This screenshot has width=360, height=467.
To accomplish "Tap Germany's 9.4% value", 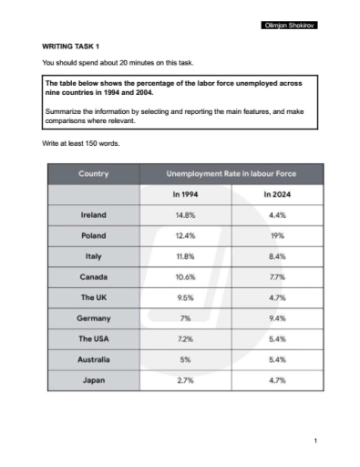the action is click(x=276, y=319).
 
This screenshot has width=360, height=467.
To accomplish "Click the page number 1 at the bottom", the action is click(x=314, y=441).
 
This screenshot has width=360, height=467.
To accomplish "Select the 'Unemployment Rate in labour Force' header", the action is click(x=231, y=173).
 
